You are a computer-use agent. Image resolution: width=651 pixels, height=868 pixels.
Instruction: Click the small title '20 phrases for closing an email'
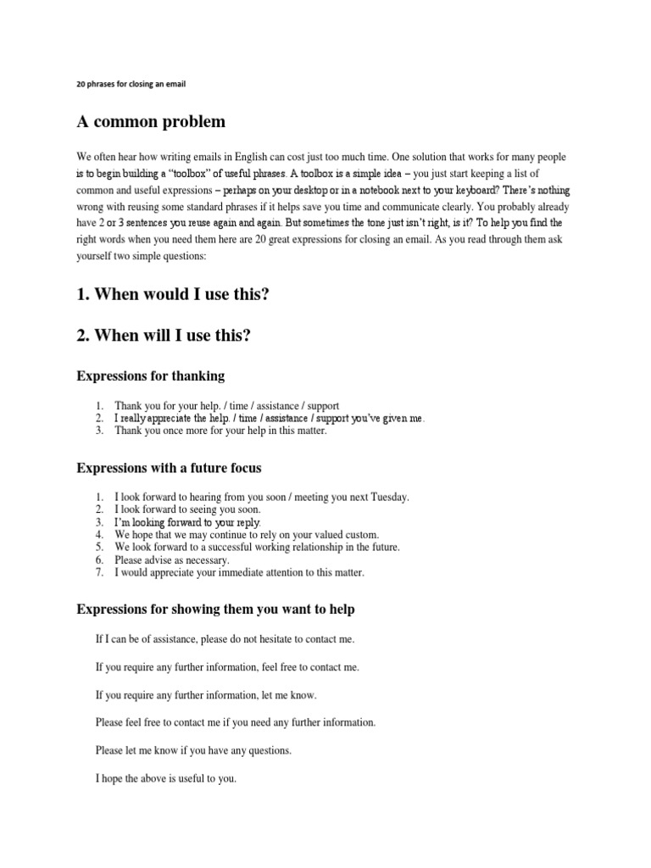(x=131, y=84)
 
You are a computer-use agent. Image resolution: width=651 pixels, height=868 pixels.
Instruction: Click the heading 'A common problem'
(x=151, y=122)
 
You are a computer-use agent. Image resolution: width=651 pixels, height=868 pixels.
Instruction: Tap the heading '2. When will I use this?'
(x=164, y=335)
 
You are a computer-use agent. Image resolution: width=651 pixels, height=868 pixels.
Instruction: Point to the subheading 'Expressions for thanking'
(x=150, y=376)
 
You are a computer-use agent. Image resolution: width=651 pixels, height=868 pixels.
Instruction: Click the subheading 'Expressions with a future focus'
(x=170, y=467)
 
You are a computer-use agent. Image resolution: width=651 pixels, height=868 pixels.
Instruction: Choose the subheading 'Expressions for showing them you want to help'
(x=215, y=609)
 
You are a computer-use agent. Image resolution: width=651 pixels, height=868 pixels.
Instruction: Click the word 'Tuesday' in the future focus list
(x=387, y=497)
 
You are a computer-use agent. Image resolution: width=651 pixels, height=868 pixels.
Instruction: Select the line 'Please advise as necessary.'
(x=172, y=560)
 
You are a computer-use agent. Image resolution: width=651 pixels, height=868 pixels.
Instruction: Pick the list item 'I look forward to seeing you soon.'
(x=188, y=509)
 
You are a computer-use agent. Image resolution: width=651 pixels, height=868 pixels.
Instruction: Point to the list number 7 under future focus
(x=98, y=573)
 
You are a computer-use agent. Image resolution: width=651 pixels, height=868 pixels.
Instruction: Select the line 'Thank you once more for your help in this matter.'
(x=220, y=431)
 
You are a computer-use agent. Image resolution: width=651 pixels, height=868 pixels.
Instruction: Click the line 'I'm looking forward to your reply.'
(x=187, y=522)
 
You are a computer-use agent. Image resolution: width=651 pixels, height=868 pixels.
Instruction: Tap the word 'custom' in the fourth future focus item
(x=360, y=535)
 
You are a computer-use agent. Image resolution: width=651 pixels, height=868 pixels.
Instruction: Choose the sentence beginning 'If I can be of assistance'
(x=225, y=639)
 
